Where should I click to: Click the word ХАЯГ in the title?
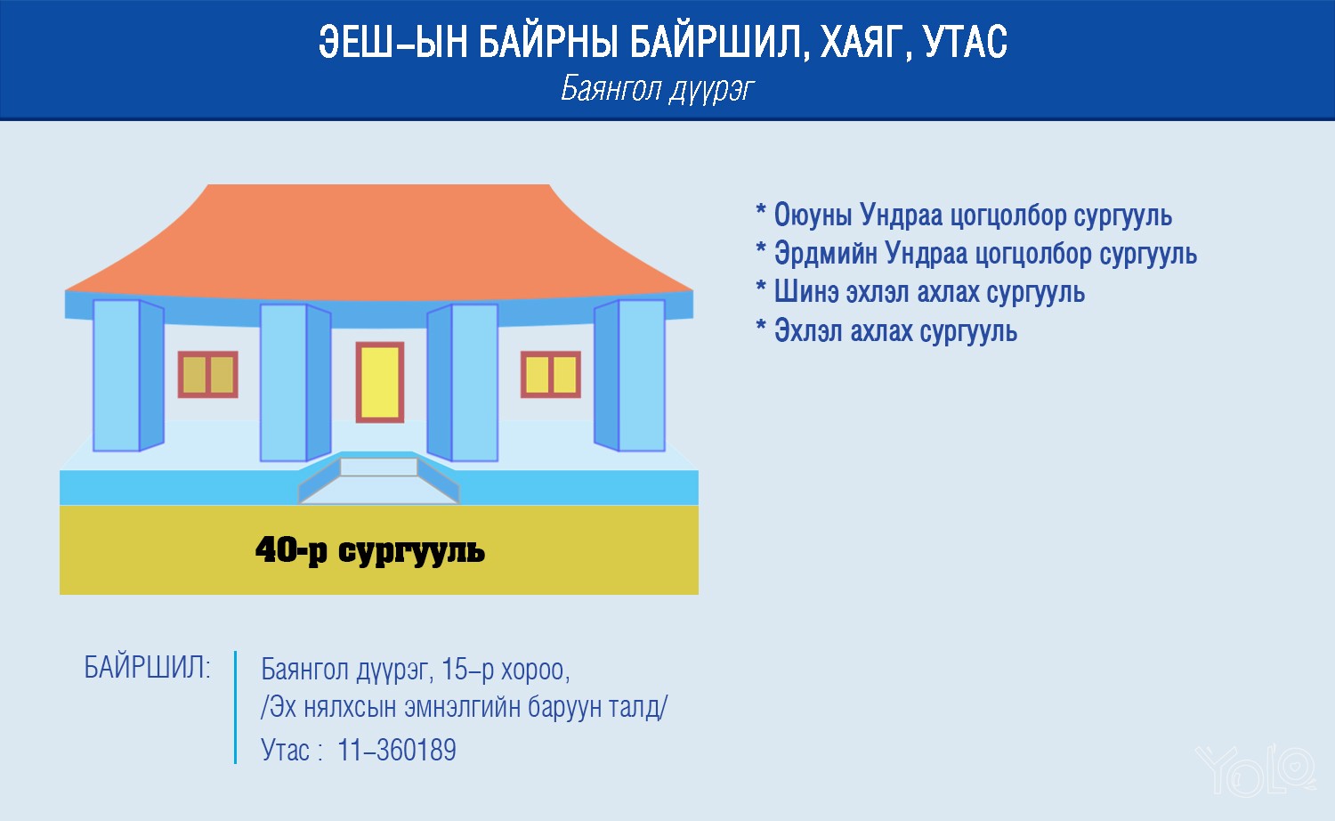866,43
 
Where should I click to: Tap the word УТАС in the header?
966,42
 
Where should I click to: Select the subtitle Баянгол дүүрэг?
658,89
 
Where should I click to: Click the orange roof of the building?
379,241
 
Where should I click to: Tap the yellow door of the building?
380,383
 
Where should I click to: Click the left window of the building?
208,374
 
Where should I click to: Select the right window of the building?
551,374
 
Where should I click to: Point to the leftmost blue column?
128,375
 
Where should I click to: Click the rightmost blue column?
629,375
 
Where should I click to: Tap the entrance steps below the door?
379,481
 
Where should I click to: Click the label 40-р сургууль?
370,550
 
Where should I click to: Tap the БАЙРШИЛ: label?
147,667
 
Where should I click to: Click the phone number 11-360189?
396,750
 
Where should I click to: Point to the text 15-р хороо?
506,671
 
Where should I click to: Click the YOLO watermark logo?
1255,769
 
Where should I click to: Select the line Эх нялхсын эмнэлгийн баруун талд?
465,708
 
